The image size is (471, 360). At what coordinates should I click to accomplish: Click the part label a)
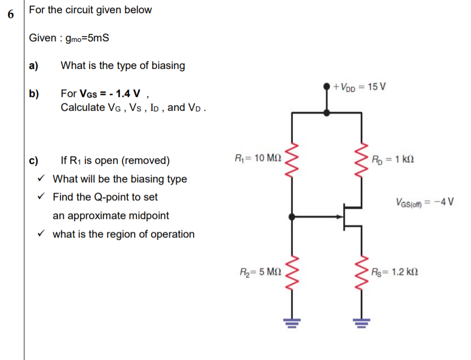[34, 66]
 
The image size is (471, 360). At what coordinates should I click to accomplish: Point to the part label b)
[34, 94]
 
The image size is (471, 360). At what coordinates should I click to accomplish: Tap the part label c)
[34, 161]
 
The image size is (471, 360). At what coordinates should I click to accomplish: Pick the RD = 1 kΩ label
[393, 158]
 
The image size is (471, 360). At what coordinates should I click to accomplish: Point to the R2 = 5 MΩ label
[260, 271]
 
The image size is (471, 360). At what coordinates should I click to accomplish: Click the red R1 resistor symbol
[292, 158]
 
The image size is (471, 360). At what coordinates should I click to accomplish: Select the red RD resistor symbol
[363, 158]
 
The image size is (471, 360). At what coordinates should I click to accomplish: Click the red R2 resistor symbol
[292, 272]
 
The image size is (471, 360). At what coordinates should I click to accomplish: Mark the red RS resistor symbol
[363, 272]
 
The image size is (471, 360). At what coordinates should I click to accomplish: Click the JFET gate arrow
[338, 216]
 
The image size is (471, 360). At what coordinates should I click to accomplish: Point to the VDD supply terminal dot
[327, 86]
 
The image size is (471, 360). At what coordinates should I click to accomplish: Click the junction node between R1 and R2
[292, 216]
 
